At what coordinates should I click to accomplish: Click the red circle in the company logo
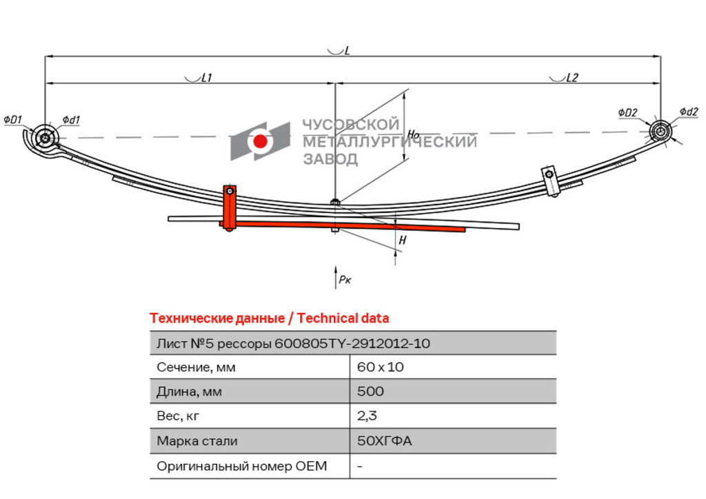click(x=260, y=141)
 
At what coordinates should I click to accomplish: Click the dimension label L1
click(x=206, y=78)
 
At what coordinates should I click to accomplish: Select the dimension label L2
click(x=572, y=78)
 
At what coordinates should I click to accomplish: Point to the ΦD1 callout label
click(x=12, y=120)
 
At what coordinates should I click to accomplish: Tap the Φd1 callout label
click(x=71, y=120)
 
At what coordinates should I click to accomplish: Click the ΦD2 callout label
click(x=627, y=112)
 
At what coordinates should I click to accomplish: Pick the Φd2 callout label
click(x=689, y=112)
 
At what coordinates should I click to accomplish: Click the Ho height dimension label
click(x=413, y=134)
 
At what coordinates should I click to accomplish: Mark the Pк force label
click(x=345, y=280)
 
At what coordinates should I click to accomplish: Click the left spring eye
click(x=45, y=138)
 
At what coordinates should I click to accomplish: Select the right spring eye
click(x=660, y=132)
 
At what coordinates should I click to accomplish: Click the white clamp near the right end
click(x=551, y=181)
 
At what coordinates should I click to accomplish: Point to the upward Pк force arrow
click(x=336, y=277)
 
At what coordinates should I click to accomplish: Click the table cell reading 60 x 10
click(x=381, y=367)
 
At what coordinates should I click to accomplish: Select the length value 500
click(x=370, y=391)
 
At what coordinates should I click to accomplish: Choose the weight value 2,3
click(x=367, y=416)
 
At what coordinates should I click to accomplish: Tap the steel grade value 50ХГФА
click(x=385, y=441)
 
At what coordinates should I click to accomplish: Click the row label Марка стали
click(x=196, y=441)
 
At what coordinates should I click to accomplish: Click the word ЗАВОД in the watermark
click(x=330, y=159)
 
